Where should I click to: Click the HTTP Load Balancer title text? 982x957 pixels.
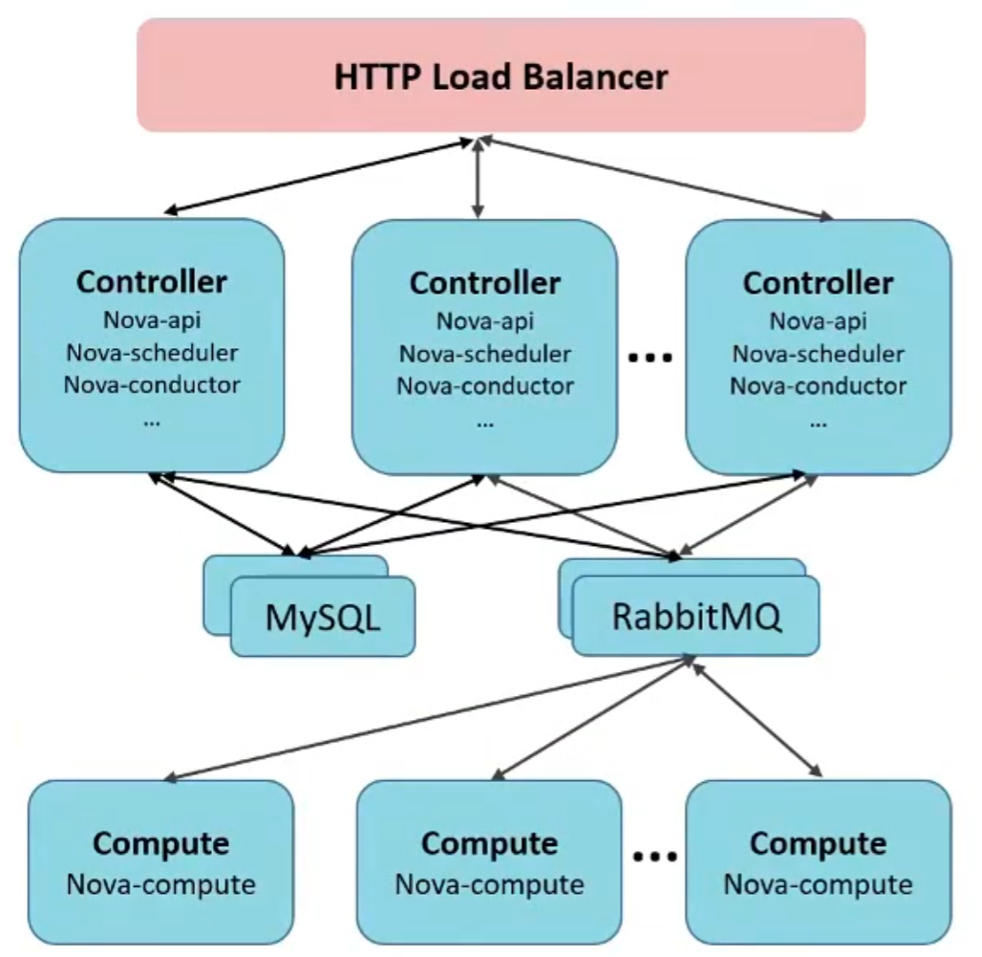click(x=501, y=76)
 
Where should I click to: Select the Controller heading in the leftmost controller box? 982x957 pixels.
click(x=152, y=282)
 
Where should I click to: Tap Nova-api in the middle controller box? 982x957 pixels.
click(x=485, y=321)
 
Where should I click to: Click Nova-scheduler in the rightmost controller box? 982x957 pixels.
click(x=819, y=354)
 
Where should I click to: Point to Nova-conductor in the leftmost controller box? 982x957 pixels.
click(x=152, y=385)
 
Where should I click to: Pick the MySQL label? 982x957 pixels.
click(x=323, y=617)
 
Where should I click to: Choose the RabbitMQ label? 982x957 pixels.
click(x=696, y=615)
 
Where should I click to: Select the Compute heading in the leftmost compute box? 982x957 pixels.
click(x=160, y=843)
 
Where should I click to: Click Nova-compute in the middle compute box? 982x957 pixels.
click(x=489, y=884)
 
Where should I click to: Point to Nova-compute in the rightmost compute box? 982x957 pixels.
click(x=818, y=884)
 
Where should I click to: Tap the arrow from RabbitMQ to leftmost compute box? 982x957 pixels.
click(x=430, y=718)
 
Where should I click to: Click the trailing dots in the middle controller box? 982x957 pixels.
click(x=485, y=420)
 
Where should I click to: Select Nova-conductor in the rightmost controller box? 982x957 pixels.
click(x=819, y=386)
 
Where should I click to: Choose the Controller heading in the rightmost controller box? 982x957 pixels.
click(x=819, y=283)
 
